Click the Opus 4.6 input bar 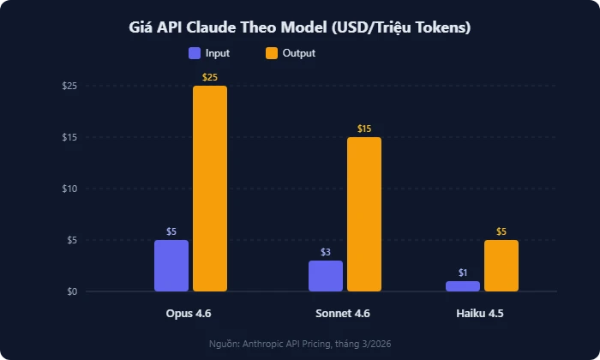point(171,266)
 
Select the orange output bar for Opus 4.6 point(209,189)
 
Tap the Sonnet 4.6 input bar point(325,276)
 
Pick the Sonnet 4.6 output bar point(363,214)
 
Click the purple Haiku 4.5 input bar point(462,286)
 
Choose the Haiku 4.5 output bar point(501,266)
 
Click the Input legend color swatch point(195,53)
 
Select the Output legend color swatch point(271,53)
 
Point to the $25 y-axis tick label point(70,86)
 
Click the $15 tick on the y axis point(70,137)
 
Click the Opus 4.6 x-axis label point(189,314)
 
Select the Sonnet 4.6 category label point(343,314)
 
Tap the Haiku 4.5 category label point(480,314)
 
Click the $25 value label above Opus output point(209,77)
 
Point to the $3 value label point(326,252)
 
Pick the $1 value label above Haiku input point(463,273)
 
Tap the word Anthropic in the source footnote point(273,343)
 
